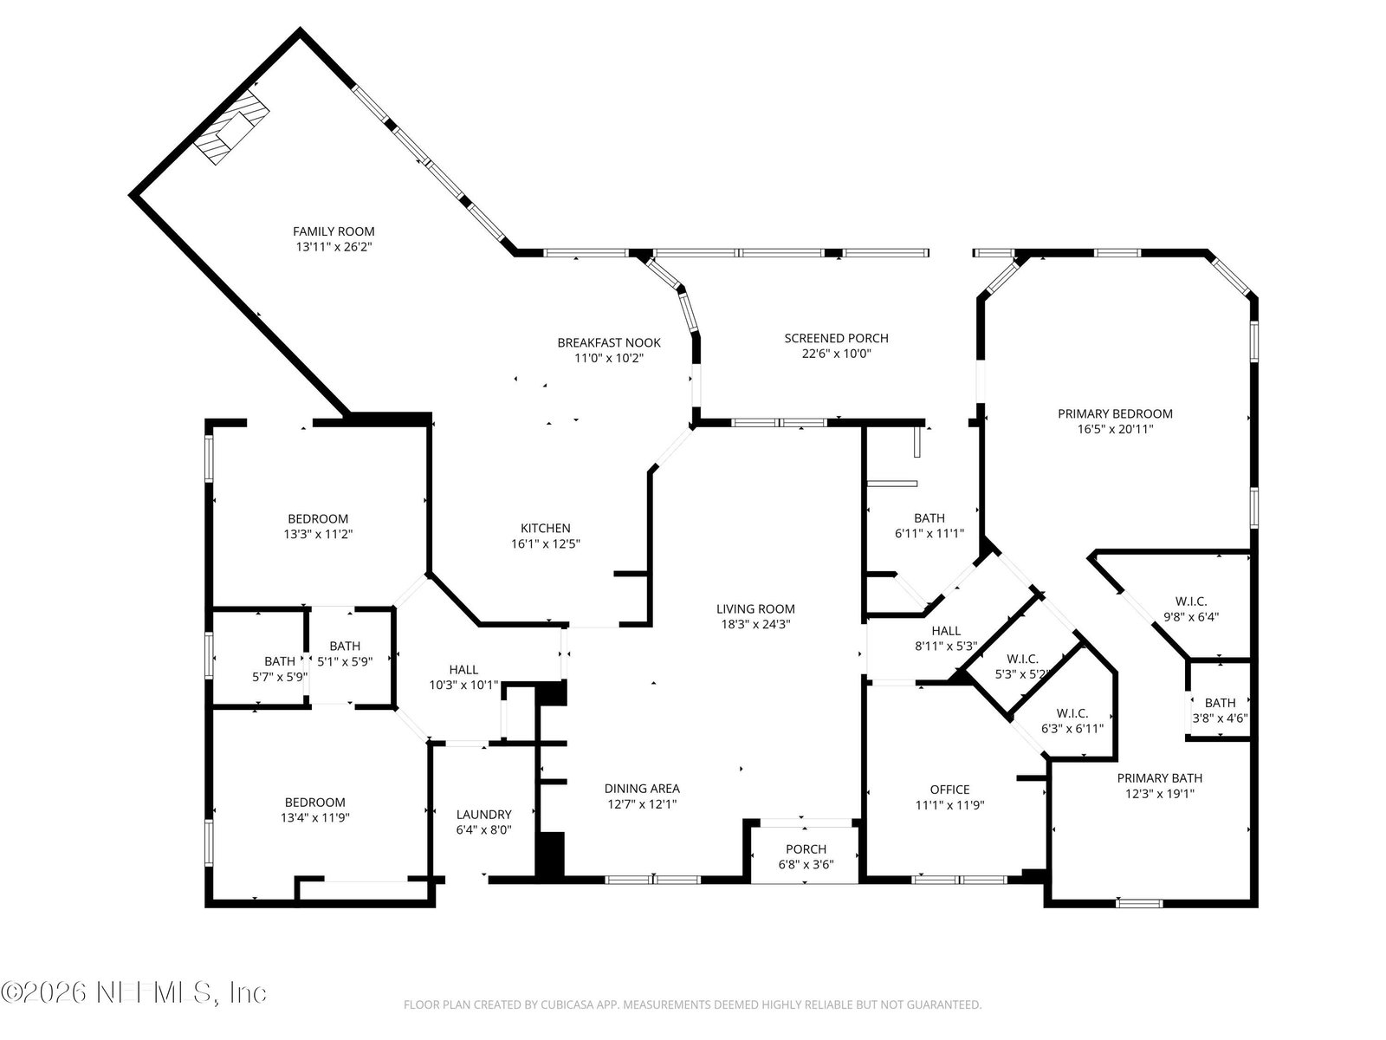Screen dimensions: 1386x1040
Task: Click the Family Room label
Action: coord(334,231)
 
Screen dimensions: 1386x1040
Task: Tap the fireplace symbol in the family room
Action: coord(231,127)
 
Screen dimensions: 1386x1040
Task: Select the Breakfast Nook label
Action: coord(609,343)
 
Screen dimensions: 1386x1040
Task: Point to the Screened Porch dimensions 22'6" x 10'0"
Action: coord(836,354)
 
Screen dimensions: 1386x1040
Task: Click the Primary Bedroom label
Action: coord(1115,413)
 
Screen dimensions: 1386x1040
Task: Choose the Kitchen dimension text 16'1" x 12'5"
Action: coord(546,543)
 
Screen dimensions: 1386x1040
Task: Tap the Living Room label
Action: coord(755,608)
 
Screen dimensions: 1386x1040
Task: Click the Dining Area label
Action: coord(642,788)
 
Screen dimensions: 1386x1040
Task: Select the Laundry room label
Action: coord(483,815)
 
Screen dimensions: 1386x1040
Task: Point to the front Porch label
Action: coord(806,849)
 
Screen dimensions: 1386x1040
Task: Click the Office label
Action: coord(949,790)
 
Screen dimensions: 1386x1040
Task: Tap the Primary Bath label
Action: coord(1159,778)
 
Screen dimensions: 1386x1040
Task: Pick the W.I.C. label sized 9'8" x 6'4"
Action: coord(1191,601)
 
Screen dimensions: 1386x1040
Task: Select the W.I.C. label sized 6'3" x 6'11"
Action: coord(1072,713)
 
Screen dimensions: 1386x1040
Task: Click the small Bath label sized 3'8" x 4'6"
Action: coord(1220,703)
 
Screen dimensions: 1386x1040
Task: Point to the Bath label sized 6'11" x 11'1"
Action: coord(929,517)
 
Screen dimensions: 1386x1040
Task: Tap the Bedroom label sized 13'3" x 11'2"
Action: coord(318,519)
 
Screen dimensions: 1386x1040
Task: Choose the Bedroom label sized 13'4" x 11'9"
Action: coord(315,803)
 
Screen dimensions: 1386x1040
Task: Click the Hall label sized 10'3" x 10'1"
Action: coord(463,669)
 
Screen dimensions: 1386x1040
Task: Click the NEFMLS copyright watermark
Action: coord(134,993)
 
